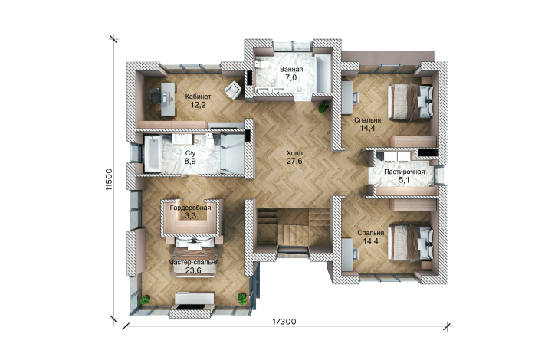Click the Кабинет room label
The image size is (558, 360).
(199, 97)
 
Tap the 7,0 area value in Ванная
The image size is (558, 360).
(291, 77)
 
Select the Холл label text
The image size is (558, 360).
(294, 153)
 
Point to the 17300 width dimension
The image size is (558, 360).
(284, 322)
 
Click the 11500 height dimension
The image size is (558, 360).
(110, 179)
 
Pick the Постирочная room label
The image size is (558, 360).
(404, 172)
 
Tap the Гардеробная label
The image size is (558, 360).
(190, 208)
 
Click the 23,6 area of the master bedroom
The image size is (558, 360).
(193, 270)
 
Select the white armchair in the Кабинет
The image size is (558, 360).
(233, 90)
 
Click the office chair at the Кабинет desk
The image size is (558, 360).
(154, 96)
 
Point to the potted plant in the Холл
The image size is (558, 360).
(323, 106)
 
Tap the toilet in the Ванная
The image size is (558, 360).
(259, 65)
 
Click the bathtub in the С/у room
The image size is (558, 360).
(153, 154)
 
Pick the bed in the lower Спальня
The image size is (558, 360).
(410, 243)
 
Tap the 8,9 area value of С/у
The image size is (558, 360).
(190, 161)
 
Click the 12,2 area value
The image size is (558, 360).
(198, 105)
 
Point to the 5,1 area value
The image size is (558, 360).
(404, 180)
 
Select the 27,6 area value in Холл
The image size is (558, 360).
(294, 161)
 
